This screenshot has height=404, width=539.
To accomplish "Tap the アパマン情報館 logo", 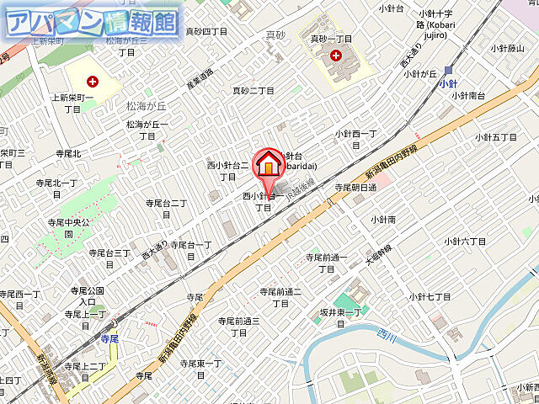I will [x=93, y=22].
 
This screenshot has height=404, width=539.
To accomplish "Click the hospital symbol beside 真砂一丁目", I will [x=337, y=56].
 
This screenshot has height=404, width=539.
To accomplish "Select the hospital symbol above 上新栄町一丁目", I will [x=92, y=81].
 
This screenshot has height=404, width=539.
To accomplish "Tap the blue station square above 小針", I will [x=449, y=71].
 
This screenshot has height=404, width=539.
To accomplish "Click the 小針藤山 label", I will [x=506, y=48].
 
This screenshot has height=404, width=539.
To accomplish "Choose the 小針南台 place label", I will [x=467, y=95].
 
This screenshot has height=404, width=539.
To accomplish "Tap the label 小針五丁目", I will [x=497, y=137].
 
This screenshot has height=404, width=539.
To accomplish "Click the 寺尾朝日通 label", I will [x=355, y=187].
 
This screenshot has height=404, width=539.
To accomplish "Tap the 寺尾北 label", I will [x=67, y=153].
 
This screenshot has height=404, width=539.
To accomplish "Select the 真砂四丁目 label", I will [x=207, y=31].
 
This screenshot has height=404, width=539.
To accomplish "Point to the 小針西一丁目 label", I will [x=356, y=139].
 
